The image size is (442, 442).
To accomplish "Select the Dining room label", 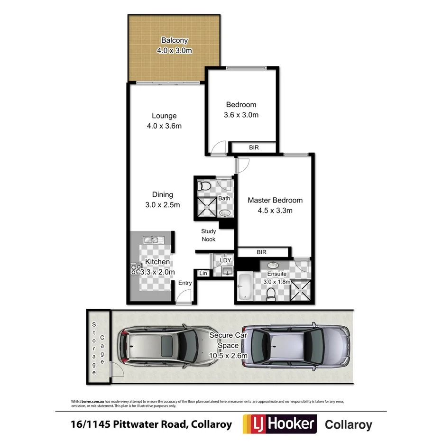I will coord(163,194).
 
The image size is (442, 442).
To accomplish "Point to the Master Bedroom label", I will coord(275,200).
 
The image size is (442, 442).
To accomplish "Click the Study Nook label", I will coord(208,235).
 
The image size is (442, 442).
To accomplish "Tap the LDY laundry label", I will coord(225,260).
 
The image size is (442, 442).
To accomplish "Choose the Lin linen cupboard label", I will coord(203,273).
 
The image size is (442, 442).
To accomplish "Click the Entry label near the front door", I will coord(185,283).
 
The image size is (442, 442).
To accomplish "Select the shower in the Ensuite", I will coord(300,290).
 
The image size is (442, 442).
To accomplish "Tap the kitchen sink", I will coord(152,240).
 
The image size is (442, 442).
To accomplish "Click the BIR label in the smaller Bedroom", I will coord(254,148).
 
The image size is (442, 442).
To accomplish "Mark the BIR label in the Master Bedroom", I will coord(261,252).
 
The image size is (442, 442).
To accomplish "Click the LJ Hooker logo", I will coord(279,424).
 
